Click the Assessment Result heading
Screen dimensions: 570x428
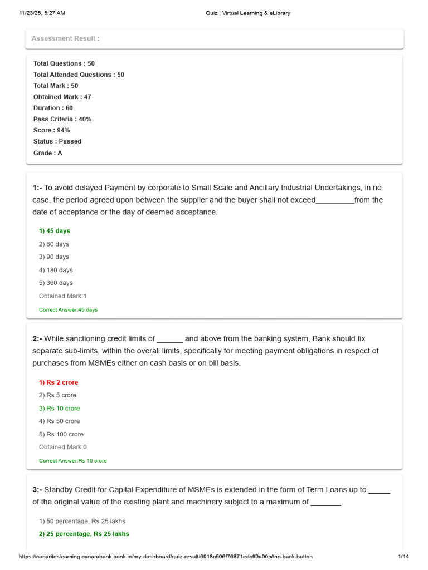[65, 38]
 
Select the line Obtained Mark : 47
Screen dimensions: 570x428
[62, 97]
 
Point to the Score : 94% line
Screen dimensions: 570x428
[51, 130]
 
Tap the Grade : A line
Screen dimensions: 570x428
[47, 153]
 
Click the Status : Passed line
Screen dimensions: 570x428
[57, 141]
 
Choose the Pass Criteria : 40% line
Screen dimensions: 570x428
[62, 119]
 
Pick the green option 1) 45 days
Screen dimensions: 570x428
[55, 231]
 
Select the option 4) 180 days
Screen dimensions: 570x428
[56, 270]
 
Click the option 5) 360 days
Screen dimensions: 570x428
[56, 283]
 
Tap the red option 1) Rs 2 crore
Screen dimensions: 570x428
[59, 382]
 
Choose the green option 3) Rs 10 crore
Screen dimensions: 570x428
[59, 409]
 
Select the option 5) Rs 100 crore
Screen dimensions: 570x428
[61, 434]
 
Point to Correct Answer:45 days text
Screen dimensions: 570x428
[68, 309]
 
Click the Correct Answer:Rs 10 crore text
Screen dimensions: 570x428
[72, 461]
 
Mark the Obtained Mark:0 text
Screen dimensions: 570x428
[63, 447]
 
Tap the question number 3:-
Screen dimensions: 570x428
[37, 490]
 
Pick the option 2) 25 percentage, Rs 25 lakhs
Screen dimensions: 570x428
[84, 534]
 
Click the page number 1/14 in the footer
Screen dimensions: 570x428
[403, 557]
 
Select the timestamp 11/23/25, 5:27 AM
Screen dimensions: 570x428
[42, 13]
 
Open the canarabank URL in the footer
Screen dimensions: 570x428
[166, 557]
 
